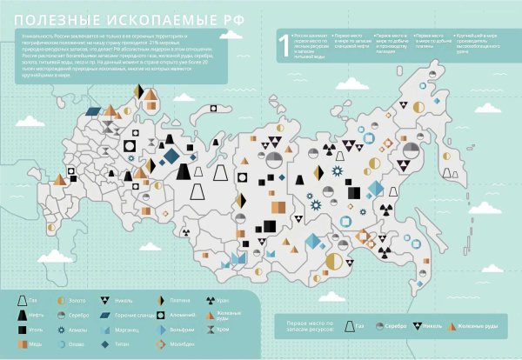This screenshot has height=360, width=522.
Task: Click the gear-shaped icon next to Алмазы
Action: (x=61, y=330)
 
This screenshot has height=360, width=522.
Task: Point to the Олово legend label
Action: (x=77, y=343)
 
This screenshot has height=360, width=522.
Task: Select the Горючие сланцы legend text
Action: (x=135, y=315)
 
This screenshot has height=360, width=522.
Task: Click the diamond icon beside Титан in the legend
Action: (x=107, y=343)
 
